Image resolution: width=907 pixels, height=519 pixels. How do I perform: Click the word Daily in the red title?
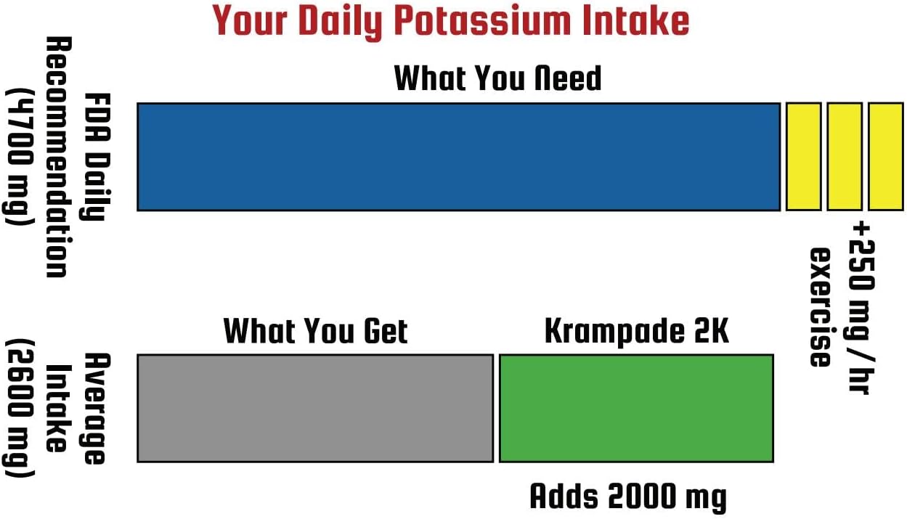[x=341, y=21]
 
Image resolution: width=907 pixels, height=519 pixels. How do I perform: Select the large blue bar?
[x=458, y=157]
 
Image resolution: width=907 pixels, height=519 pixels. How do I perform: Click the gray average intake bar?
[x=315, y=408]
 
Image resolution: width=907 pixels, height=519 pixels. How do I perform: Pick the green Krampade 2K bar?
[x=635, y=408]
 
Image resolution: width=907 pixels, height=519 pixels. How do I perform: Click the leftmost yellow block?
[x=803, y=157]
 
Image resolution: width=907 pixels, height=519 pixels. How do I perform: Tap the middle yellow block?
[x=845, y=157]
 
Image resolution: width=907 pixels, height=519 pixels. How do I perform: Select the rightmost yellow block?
[x=885, y=157]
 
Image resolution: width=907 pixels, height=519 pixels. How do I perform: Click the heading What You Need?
[x=497, y=78]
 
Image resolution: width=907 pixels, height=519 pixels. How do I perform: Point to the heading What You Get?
[x=315, y=331]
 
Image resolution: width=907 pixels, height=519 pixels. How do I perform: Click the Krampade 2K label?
[x=636, y=331]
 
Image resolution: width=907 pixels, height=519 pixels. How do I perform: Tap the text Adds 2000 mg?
[x=627, y=497]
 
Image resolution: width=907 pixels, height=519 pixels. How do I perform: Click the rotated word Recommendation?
[x=57, y=157]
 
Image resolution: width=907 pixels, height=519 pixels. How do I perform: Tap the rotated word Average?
[x=94, y=408]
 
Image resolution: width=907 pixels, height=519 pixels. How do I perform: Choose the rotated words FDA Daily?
[x=94, y=157]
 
